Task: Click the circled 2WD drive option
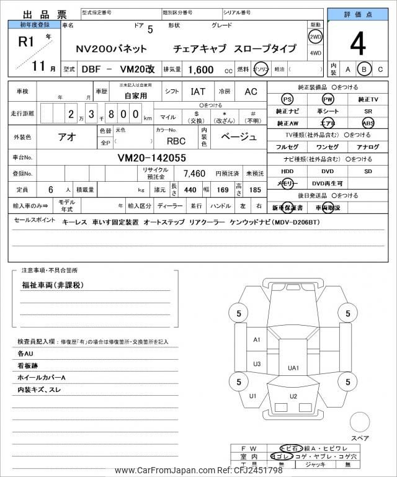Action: (x=315, y=36)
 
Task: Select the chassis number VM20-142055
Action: (x=152, y=158)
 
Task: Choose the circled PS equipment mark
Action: (x=287, y=99)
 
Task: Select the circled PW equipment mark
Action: (x=327, y=99)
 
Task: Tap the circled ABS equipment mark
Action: (x=368, y=123)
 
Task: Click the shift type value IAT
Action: (x=198, y=92)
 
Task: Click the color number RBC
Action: (x=176, y=140)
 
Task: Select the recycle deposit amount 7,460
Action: (x=194, y=173)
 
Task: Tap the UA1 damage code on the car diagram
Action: (x=293, y=368)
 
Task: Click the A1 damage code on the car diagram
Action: (x=257, y=340)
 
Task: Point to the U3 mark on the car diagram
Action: (x=257, y=363)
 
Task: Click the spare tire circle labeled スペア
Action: (x=360, y=423)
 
